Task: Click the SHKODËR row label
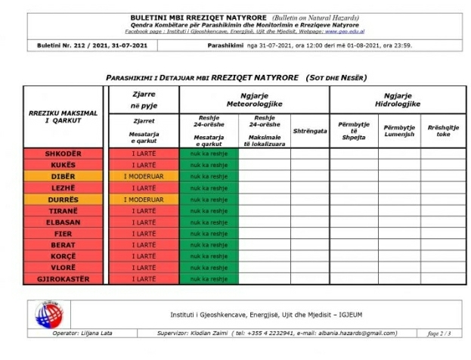(63, 154)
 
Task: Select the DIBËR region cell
(63, 176)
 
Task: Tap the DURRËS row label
(63, 199)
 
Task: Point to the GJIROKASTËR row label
(63, 279)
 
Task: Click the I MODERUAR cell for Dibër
(144, 176)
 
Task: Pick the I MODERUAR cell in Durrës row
(144, 199)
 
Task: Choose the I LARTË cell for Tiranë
(144, 211)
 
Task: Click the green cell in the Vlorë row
(209, 268)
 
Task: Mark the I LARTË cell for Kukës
(144, 165)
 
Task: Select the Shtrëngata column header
(309, 130)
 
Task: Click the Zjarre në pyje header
(144, 99)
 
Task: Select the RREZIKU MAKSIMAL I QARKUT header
(63, 116)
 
